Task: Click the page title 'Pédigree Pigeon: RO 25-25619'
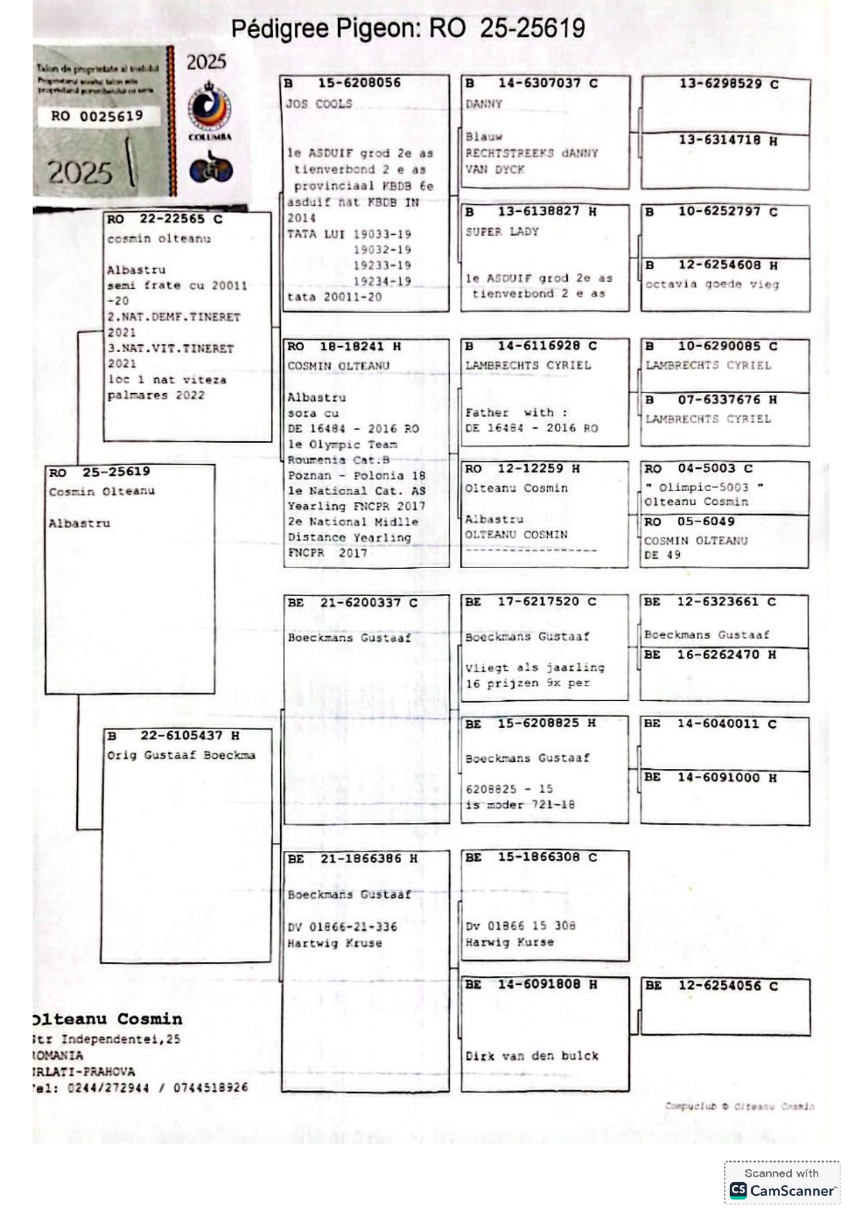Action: tap(407, 28)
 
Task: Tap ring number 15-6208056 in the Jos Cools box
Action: tap(359, 83)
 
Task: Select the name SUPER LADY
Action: tap(502, 232)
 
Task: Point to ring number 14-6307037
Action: tap(539, 83)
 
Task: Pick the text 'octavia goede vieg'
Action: tap(712, 284)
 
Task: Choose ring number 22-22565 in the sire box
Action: tap(172, 219)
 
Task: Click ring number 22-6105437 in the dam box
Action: tap(181, 736)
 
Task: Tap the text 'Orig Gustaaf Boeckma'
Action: tap(181, 755)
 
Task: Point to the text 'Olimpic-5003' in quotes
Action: tap(704, 488)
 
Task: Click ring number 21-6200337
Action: tap(360, 603)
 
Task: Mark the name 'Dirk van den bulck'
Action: tap(532, 1056)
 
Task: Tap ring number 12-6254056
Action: tap(719, 986)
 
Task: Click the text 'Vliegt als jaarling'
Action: tap(535, 667)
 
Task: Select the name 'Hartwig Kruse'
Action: tap(334, 943)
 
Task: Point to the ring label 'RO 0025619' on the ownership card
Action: tap(97, 116)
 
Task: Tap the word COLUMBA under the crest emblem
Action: tap(210, 137)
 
